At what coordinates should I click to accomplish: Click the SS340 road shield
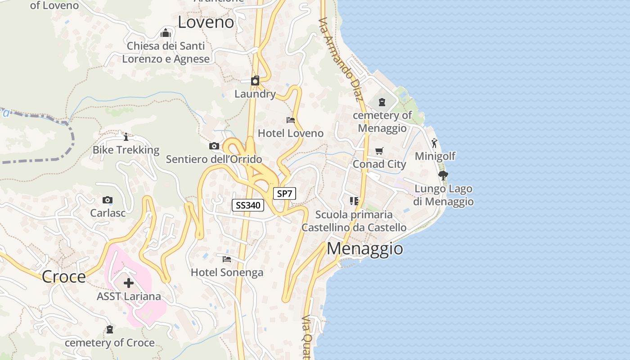(248, 205)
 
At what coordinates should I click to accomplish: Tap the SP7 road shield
(285, 194)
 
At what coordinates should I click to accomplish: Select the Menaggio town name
(364, 248)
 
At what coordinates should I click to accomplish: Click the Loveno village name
(206, 22)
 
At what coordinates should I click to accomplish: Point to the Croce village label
(63, 277)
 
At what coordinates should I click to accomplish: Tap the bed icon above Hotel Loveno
(291, 120)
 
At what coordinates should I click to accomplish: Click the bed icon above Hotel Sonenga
(227, 259)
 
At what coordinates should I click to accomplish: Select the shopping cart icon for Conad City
(379, 151)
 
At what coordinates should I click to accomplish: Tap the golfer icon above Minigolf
(434, 144)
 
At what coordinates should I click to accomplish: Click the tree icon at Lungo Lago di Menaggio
(443, 175)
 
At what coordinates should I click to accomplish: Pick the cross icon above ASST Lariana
(129, 283)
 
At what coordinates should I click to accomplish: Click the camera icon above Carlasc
(108, 200)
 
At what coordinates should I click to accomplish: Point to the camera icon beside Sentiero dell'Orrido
(214, 146)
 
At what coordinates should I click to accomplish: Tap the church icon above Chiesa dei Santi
(166, 33)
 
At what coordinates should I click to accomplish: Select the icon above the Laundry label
(255, 81)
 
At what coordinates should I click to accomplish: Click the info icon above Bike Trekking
(126, 136)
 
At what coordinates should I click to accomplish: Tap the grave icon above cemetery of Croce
(109, 330)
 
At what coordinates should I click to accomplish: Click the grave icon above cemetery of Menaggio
(382, 102)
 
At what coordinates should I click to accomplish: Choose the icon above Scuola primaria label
(354, 201)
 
